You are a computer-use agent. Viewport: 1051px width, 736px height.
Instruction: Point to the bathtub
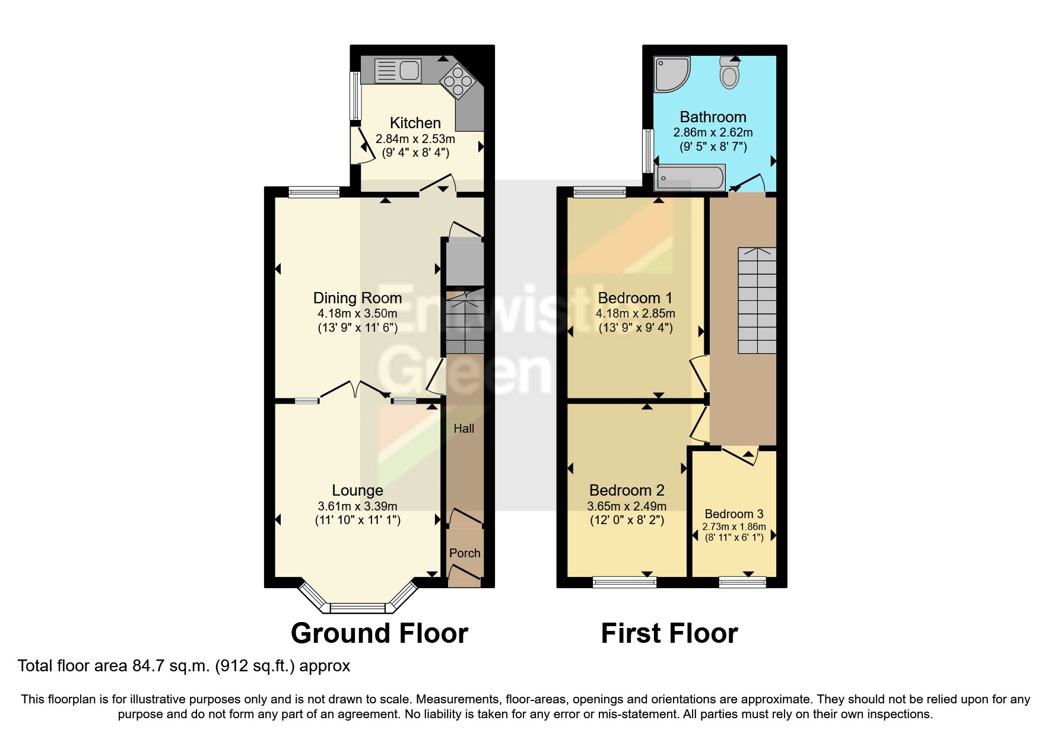690,177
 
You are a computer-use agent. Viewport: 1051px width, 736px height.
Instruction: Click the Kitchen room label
415,123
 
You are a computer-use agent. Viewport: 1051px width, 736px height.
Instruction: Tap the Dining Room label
357,298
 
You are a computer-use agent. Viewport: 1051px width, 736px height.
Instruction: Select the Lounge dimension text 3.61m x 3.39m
357,506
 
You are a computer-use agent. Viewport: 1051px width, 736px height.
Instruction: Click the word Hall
463,428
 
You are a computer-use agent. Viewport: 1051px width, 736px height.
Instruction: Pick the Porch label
465,553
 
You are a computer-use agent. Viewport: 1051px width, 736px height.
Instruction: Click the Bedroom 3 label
734,514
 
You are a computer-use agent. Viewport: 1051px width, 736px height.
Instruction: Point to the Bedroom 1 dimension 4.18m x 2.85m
636,313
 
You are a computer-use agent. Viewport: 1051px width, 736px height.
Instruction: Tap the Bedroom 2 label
627,490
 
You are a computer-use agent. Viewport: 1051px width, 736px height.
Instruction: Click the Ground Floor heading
379,633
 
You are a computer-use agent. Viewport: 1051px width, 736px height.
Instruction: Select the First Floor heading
669,633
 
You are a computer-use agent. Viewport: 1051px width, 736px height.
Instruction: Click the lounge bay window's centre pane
357,608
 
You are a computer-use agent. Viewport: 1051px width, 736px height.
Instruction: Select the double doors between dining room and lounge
354,390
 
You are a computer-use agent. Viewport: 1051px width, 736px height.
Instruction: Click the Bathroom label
713,117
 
